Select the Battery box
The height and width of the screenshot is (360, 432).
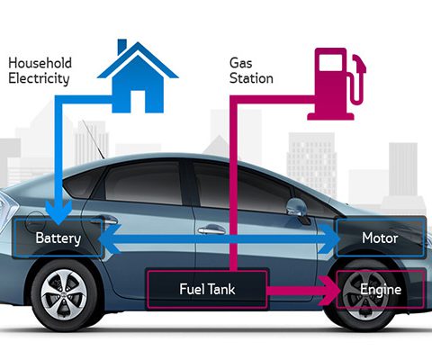(58, 238)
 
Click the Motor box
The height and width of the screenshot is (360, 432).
(381, 238)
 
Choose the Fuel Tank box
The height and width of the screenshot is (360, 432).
(207, 289)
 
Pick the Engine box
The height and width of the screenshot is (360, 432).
(381, 289)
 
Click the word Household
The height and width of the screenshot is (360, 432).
(40, 63)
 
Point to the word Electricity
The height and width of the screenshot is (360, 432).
(39, 78)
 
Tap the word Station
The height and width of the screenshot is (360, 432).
(251, 78)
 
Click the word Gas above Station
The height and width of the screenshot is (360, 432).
(240, 63)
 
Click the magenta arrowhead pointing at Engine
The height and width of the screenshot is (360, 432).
(329, 291)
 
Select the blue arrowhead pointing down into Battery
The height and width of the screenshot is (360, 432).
(58, 212)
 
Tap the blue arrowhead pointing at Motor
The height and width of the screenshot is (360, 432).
(329, 238)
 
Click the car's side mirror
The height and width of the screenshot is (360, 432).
(296, 207)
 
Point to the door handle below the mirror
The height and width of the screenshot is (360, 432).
(211, 230)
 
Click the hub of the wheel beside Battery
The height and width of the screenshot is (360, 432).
(64, 294)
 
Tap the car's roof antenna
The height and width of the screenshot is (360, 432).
(93, 139)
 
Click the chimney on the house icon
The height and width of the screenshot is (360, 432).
(121, 46)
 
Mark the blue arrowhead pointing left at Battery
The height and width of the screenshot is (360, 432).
(110, 238)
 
